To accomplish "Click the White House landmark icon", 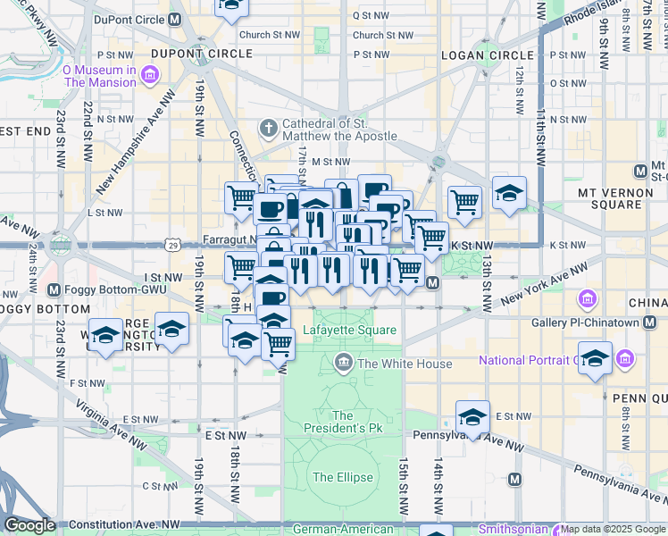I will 343,363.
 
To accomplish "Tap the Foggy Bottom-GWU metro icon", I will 54,289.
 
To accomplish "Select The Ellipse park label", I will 343,477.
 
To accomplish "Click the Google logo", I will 29,525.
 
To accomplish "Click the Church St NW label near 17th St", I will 269,36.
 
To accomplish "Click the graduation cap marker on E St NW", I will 472,415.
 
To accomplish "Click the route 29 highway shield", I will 171,244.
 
